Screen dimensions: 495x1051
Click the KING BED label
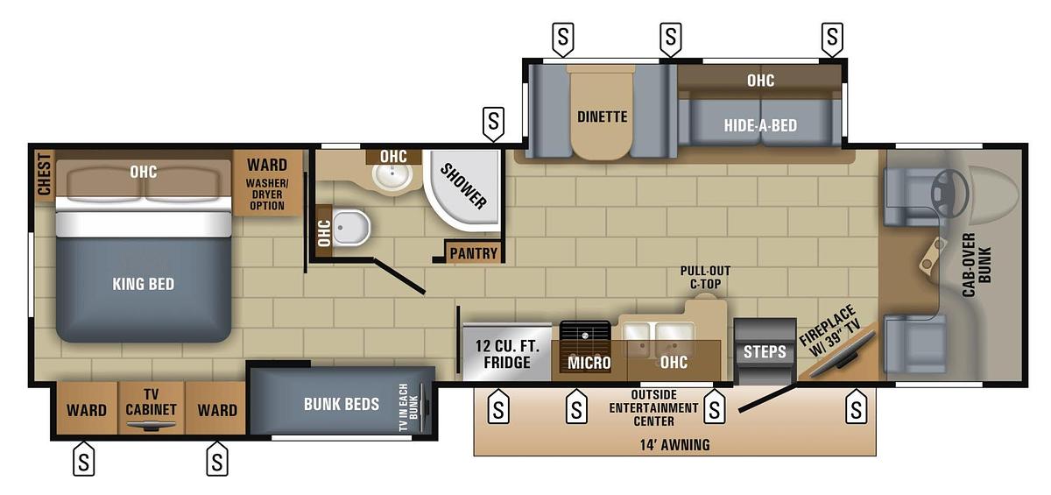click(x=143, y=284)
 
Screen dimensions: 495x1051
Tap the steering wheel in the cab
click(x=949, y=185)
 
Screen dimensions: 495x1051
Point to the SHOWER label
click(x=463, y=187)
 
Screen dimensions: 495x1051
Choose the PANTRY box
click(x=473, y=253)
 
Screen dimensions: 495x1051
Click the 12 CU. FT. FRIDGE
click(x=506, y=353)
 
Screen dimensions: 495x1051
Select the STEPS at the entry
click(x=765, y=351)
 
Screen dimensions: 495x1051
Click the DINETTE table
click(x=602, y=117)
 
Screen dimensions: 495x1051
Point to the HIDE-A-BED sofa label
click(x=760, y=125)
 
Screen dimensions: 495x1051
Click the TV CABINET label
click(x=151, y=402)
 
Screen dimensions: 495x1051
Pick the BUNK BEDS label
click(x=341, y=404)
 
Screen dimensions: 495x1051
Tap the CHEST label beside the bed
click(x=43, y=175)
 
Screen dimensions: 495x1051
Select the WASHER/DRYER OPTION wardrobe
click(x=266, y=184)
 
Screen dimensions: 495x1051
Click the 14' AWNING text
click(x=674, y=444)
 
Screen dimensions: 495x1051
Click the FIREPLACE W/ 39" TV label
click(x=829, y=334)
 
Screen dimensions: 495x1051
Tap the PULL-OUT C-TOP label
click(x=705, y=277)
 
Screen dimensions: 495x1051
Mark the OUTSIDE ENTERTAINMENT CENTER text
click(x=652, y=407)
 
